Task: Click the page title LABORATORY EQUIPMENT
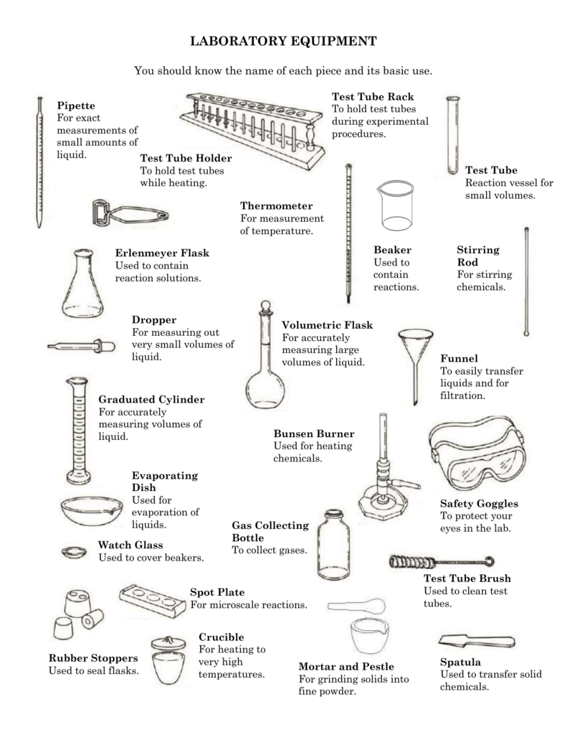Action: tap(283, 42)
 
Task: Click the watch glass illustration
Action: tap(73, 552)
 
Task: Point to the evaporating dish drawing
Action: tap(91, 510)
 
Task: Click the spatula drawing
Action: tap(477, 640)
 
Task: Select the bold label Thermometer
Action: tap(276, 205)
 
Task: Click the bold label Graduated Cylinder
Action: tap(151, 399)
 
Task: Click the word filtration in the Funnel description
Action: tap(462, 395)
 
